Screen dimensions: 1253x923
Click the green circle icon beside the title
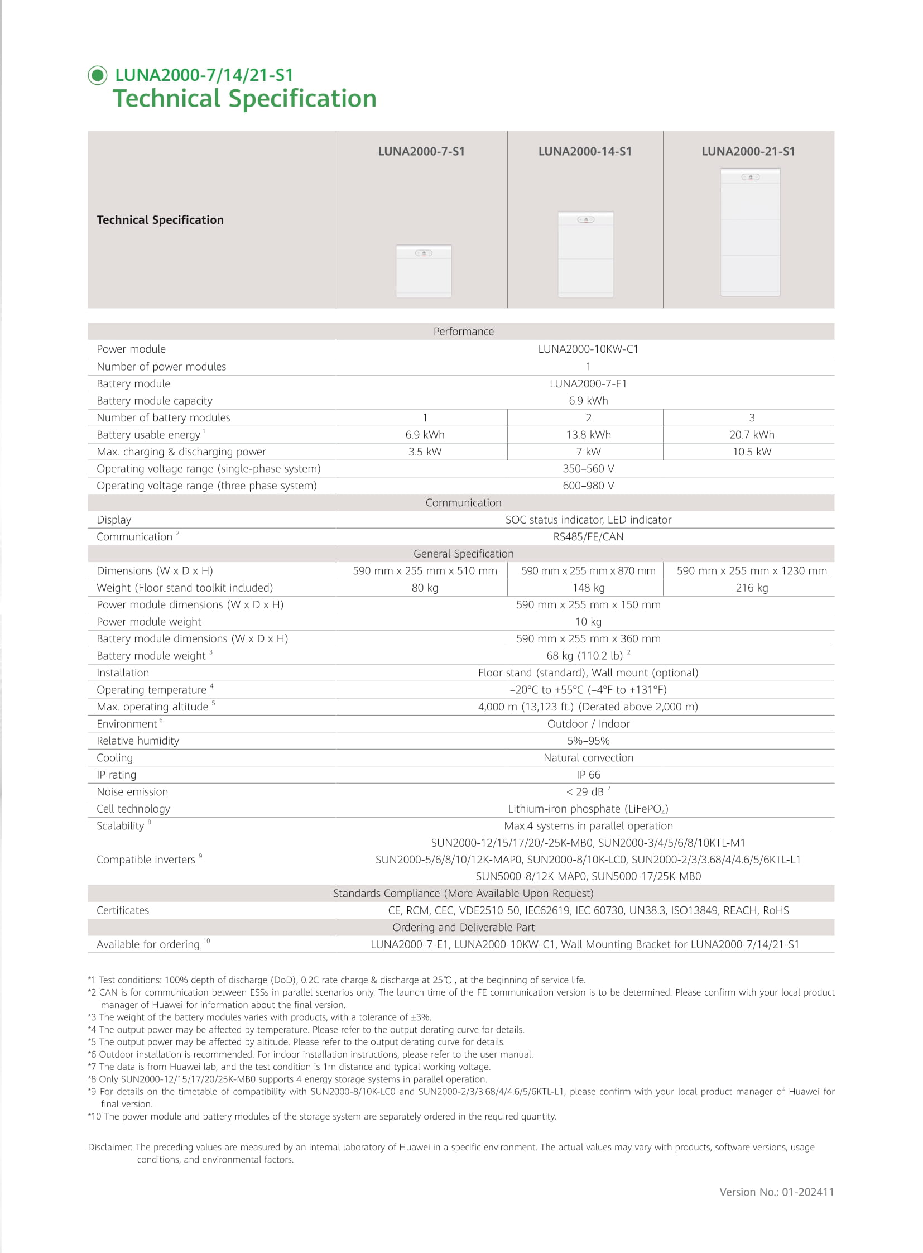pyautogui.click(x=98, y=75)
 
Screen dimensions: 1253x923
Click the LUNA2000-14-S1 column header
pyautogui.click(x=584, y=151)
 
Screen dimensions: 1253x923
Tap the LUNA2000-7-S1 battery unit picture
pyautogui.click(x=424, y=271)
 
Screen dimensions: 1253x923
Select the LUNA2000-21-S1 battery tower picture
pyautogui.click(x=750, y=232)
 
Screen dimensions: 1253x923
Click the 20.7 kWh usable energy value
pyautogui.click(x=752, y=435)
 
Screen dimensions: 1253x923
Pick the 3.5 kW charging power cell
pyautogui.click(x=425, y=452)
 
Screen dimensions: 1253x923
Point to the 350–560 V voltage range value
pyautogui.click(x=588, y=469)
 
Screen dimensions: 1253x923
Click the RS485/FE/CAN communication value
pyautogui.click(x=588, y=536)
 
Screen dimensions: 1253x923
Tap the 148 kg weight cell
pyautogui.click(x=588, y=588)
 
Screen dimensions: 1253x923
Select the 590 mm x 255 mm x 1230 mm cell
pyautogui.click(x=752, y=570)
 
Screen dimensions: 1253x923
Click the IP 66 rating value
pyautogui.click(x=588, y=775)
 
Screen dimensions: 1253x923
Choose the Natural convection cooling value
pyautogui.click(x=588, y=758)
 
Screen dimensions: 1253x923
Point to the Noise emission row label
pyautogui.click(x=132, y=792)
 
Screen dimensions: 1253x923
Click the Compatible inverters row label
pyautogui.click(x=146, y=860)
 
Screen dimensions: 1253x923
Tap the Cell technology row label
pyautogui.click(x=133, y=809)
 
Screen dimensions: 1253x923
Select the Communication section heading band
pyautogui.click(x=463, y=503)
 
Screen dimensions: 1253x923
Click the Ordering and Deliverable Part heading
pyautogui.click(x=463, y=928)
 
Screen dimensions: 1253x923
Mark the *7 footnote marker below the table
pyautogui.click(x=92, y=1067)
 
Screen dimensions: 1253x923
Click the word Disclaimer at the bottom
pyautogui.click(x=109, y=1148)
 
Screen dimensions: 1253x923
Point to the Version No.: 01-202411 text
pyautogui.click(x=776, y=1192)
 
